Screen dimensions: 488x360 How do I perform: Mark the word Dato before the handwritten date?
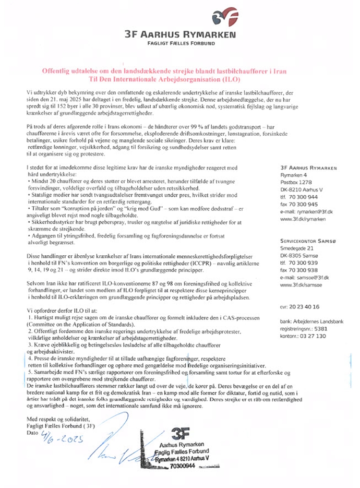coord(32,433)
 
